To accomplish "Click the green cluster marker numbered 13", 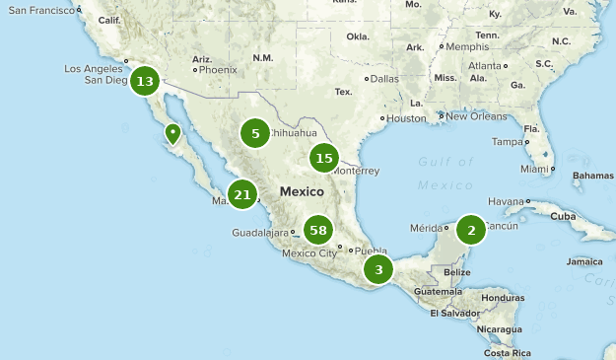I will pyautogui.click(x=145, y=81).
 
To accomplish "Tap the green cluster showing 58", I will pyautogui.click(x=317, y=231).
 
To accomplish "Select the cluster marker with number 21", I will pyautogui.click(x=242, y=194).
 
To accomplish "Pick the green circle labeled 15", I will pyautogui.click(x=324, y=157).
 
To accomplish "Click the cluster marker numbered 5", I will pyautogui.click(x=255, y=132).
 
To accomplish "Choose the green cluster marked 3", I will pyautogui.click(x=378, y=268).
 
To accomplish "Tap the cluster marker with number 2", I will pyautogui.click(x=471, y=231).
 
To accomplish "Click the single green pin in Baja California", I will pyautogui.click(x=173, y=133).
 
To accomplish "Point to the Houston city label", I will pyautogui.click(x=405, y=118).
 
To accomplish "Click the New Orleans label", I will pyautogui.click(x=476, y=115).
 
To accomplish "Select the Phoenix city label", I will pyautogui.click(x=218, y=70).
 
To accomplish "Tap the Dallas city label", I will pyautogui.click(x=384, y=79).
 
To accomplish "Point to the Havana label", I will pyautogui.click(x=507, y=201).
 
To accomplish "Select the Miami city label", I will pyautogui.click(x=534, y=169).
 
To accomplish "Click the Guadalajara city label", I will pyautogui.click(x=260, y=233).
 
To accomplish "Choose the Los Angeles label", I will pyautogui.click(x=93, y=68).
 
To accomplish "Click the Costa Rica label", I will pyautogui.click(x=508, y=352).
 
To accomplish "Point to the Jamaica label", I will pyautogui.click(x=582, y=262).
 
